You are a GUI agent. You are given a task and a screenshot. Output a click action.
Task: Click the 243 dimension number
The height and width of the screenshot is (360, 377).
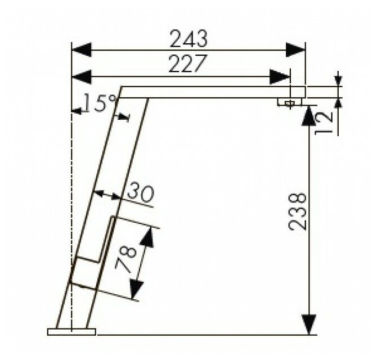coord(188,38)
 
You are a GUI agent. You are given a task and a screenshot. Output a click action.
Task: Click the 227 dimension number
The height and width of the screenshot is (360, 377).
coord(188,64)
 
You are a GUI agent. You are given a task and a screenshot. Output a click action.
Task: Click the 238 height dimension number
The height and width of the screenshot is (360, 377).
coord(297,211)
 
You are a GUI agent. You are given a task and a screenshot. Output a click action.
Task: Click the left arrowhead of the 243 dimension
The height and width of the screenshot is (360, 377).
coord(82,50)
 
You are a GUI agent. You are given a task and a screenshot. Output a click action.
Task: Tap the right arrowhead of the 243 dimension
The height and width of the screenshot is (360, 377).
coord(295,50)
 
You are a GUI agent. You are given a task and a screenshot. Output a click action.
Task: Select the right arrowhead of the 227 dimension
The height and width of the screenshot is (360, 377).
coord(280,77)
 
